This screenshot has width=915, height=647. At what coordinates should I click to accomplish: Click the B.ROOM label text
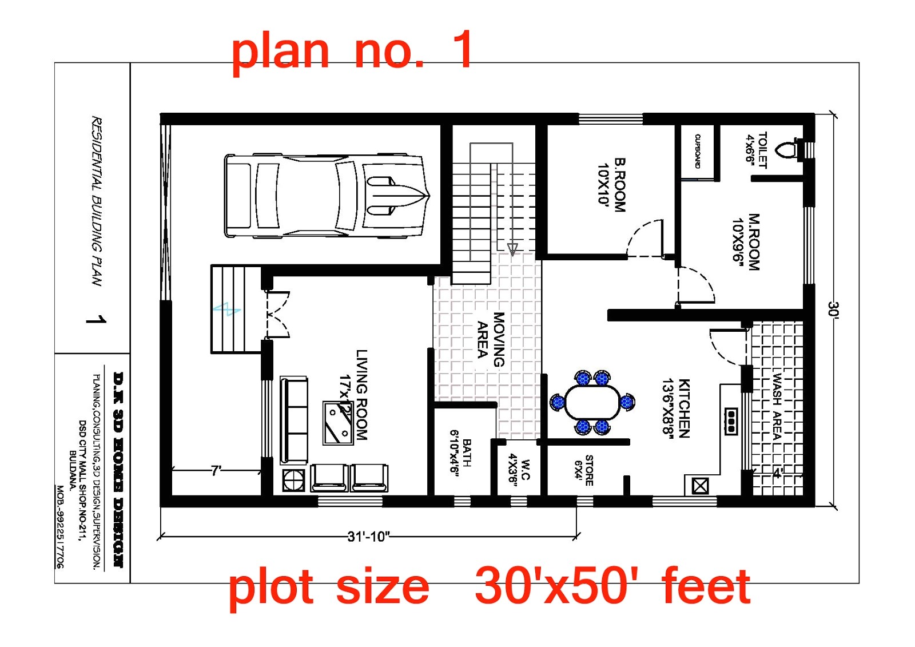pos(611,184)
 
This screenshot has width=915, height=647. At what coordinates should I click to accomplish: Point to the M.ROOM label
pos(746,241)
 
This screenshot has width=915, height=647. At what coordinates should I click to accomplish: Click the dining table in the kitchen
pos(592,402)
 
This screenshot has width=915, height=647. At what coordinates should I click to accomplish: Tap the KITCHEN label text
pos(676,408)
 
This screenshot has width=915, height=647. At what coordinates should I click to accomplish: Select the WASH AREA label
pos(776,406)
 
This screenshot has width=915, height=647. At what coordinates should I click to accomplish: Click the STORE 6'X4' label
pos(584,470)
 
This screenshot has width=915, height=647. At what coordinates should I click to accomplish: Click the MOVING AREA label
pos(491,339)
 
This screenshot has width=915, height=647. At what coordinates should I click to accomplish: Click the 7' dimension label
pos(216,471)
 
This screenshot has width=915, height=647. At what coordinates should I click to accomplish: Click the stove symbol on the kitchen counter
pos(731,422)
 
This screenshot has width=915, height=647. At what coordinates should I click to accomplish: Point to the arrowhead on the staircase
pos(512,249)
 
